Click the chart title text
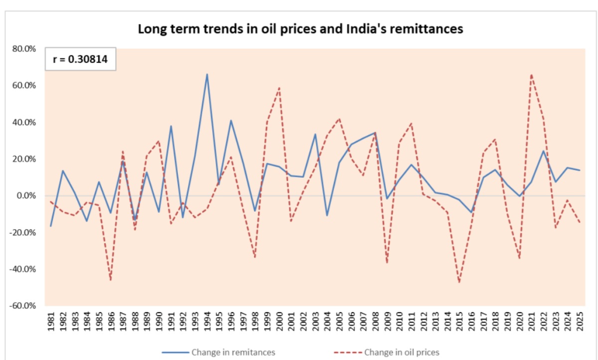[300, 29]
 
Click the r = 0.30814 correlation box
[81, 60]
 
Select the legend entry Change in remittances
[233, 352]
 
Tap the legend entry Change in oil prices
[402, 352]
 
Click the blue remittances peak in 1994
[207, 74]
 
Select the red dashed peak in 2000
[279, 88]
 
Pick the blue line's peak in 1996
[231, 120]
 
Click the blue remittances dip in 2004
[327, 216]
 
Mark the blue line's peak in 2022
[544, 151]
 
